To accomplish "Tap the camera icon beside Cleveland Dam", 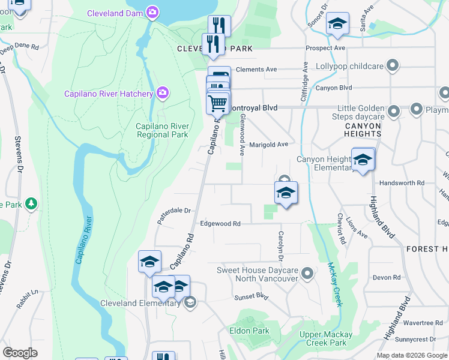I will (153, 12).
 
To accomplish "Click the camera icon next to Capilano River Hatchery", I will (162, 92).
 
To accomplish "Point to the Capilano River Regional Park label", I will (162, 130).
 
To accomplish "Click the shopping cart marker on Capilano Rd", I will (217, 103).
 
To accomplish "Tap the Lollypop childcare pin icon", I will (394, 65).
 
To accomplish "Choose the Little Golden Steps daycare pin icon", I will (394, 112).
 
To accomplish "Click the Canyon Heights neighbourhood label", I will (363, 130).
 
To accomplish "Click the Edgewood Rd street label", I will (220, 224).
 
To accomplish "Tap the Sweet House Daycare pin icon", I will (307, 274).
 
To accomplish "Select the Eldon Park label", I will (249, 331).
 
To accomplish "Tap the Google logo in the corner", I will (20, 352).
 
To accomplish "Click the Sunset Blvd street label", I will (251, 296).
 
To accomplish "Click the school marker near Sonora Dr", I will (337, 24).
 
